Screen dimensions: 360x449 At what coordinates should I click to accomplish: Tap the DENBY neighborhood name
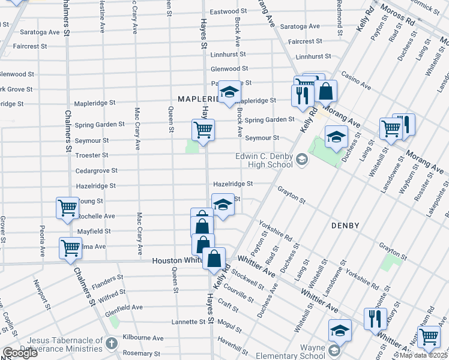[x=345, y=226]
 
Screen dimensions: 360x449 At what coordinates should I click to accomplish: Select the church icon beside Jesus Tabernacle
[x=111, y=343]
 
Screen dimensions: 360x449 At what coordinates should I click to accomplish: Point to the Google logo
[x=20, y=353]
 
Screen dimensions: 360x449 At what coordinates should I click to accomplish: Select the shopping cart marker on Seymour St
[x=203, y=130]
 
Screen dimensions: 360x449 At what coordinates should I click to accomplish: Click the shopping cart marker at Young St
[x=67, y=208]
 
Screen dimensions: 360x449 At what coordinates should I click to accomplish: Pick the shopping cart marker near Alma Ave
[x=70, y=247]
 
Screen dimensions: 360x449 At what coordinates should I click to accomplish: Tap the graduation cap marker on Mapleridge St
[x=228, y=92]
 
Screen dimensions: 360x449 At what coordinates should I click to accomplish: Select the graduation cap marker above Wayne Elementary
[x=339, y=330]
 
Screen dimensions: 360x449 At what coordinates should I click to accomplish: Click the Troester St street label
[x=92, y=155]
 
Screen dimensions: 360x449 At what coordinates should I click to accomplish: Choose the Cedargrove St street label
[x=96, y=170]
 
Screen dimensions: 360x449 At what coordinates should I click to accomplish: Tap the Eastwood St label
[x=228, y=11]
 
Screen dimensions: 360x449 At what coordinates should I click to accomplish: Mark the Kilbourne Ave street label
[x=143, y=338]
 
